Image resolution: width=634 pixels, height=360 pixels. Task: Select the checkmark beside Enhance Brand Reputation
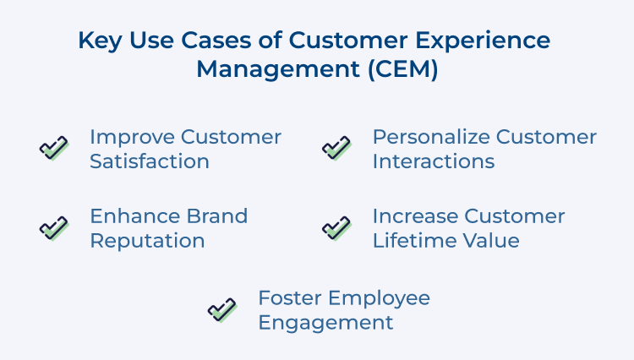(x=54, y=228)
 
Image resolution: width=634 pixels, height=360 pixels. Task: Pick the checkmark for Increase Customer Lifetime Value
(x=336, y=228)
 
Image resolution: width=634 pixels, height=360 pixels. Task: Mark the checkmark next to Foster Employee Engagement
(x=222, y=309)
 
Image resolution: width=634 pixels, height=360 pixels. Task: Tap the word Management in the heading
(x=265, y=69)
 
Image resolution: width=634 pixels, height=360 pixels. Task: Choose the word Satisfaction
(x=150, y=161)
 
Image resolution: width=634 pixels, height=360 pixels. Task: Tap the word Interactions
(x=434, y=161)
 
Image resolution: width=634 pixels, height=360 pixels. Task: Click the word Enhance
(x=129, y=216)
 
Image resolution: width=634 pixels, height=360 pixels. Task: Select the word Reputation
(x=147, y=241)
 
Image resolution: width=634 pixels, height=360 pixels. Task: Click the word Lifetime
(x=410, y=241)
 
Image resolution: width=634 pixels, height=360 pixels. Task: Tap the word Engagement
(x=325, y=323)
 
